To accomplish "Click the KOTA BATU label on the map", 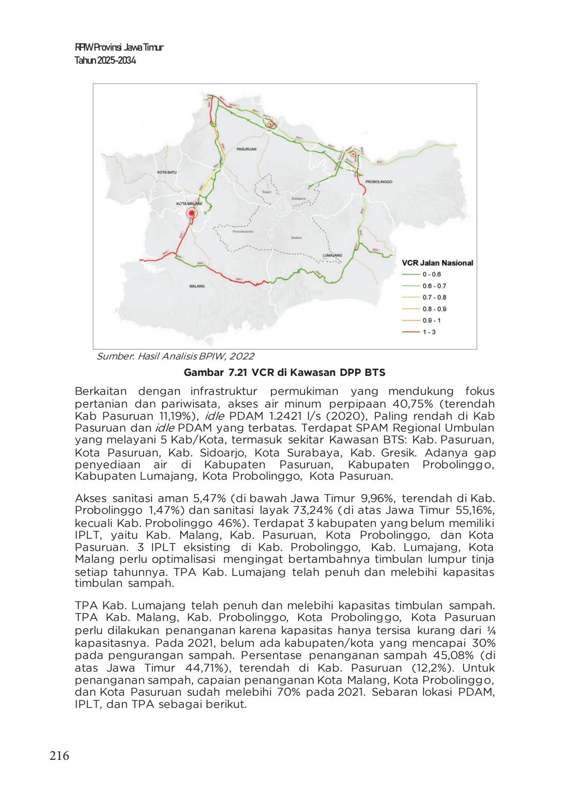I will click(167, 173).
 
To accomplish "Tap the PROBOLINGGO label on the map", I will click(378, 182).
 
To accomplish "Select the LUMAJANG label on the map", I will click(332, 255).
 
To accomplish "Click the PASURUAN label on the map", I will click(246, 149).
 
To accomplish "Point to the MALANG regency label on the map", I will click(197, 286).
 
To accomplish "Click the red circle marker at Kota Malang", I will click(192, 213).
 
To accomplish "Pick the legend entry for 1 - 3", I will click(429, 332).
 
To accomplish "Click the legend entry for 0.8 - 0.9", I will click(434, 309).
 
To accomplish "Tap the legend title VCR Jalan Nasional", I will click(437, 263).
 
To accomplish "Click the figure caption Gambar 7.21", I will click(284, 373).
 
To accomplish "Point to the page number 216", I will click(59, 756).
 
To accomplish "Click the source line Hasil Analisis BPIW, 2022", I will click(175, 356).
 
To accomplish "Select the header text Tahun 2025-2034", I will click(105, 60).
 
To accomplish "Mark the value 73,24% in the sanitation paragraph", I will click(312, 510).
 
